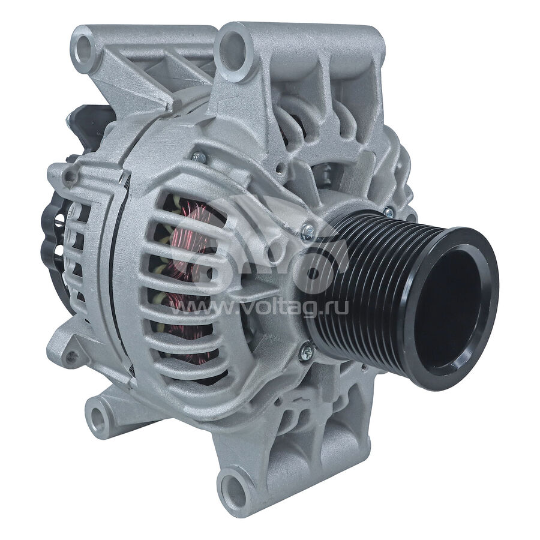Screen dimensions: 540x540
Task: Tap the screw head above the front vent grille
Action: pos(199,158)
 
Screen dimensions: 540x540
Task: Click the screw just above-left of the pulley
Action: pos(308,231)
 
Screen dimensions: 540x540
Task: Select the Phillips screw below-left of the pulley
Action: pos(305,350)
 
